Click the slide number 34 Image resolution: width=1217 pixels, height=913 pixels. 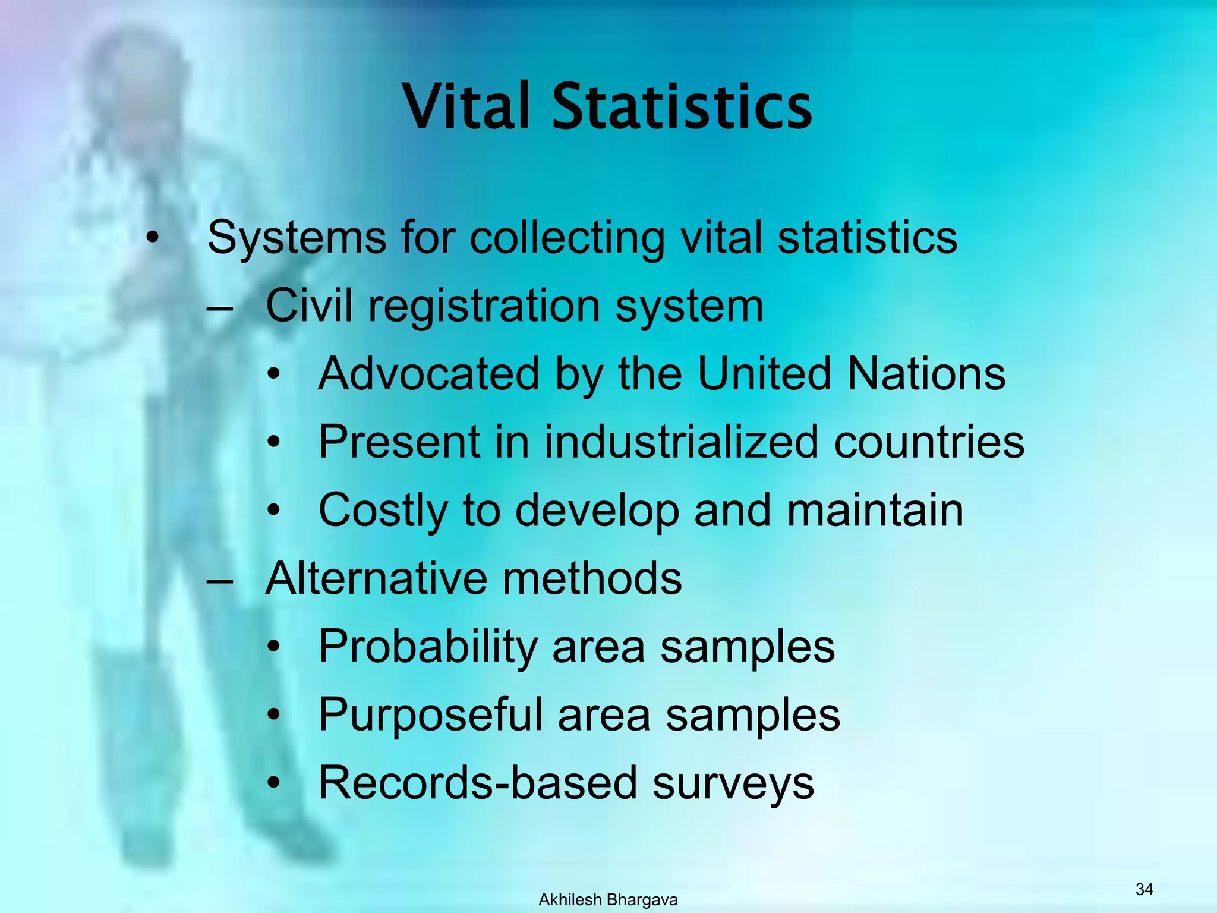tap(1144, 889)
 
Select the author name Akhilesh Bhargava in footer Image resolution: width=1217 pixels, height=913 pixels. tap(608, 900)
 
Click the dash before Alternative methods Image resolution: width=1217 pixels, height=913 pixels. tap(219, 580)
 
